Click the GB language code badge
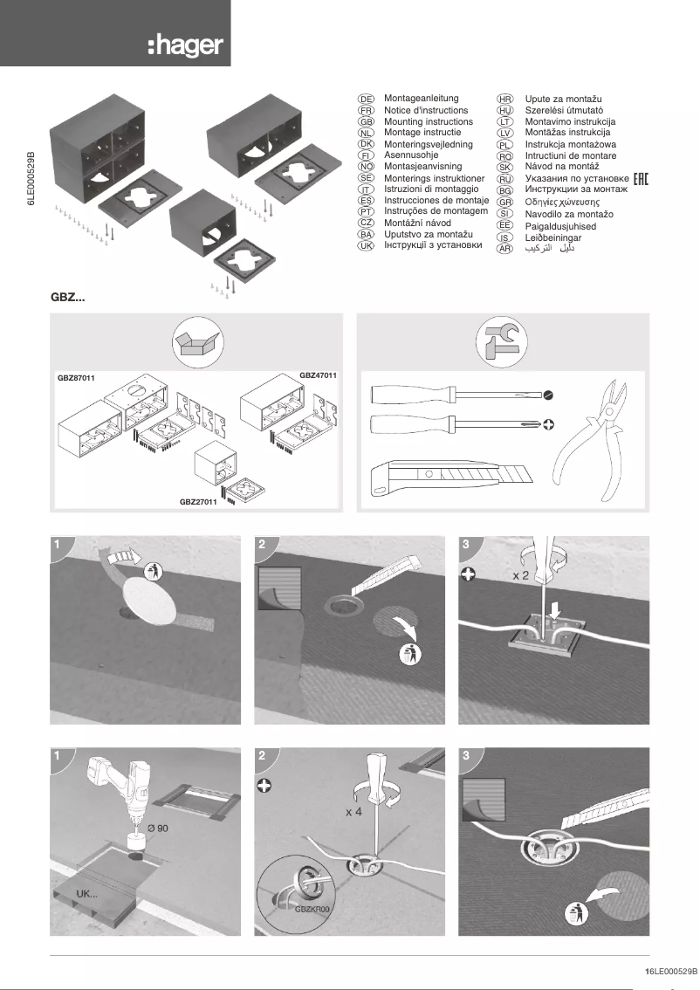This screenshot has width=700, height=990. pyautogui.click(x=367, y=123)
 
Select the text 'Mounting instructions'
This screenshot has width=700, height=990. pyautogui.click(x=428, y=122)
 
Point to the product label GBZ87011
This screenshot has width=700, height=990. pyautogui.click(x=75, y=378)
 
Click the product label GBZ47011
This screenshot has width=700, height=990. pyautogui.click(x=318, y=375)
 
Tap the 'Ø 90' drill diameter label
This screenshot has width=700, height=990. pyautogui.click(x=158, y=827)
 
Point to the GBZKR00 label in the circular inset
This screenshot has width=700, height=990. pyautogui.click(x=311, y=909)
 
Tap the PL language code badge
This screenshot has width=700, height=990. pyautogui.click(x=504, y=145)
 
